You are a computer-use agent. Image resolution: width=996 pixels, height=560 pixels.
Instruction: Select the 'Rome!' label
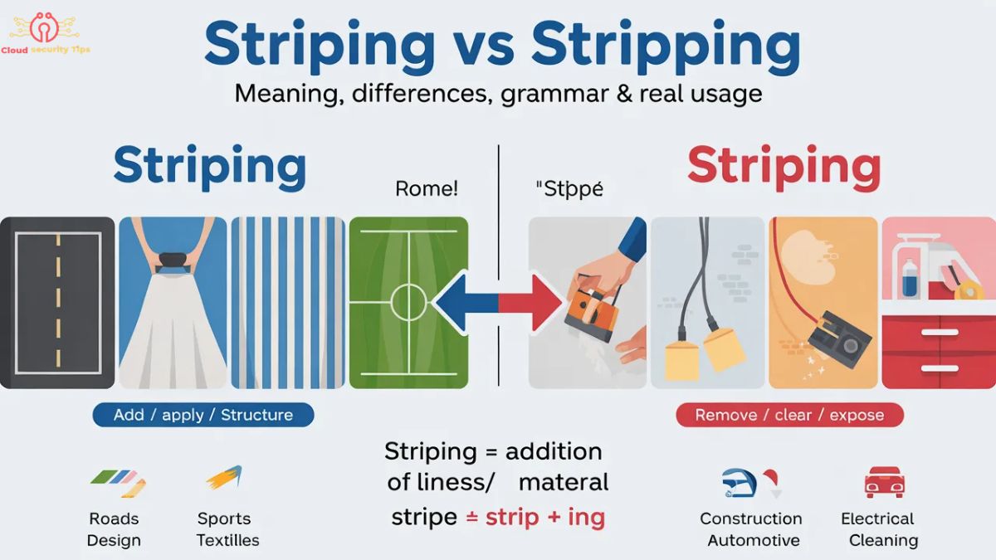426,189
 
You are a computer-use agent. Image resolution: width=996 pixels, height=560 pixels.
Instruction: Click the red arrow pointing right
531,301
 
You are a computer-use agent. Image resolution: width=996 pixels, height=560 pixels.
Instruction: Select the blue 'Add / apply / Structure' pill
203,414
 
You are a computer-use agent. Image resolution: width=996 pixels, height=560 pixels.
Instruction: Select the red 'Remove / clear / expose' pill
789,415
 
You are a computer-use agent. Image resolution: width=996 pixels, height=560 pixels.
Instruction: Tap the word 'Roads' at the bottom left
114,519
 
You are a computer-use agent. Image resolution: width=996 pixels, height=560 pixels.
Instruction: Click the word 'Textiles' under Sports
227,540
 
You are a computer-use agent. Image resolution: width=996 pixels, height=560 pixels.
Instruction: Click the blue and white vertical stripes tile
287,302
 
